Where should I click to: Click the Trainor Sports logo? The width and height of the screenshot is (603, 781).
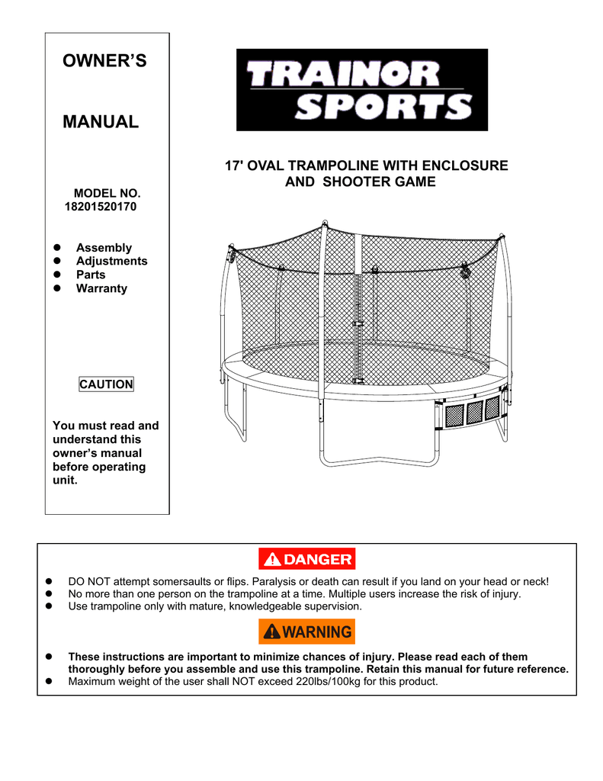(362, 90)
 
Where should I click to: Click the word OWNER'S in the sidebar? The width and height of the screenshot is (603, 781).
(104, 61)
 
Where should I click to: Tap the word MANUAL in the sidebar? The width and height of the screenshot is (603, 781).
(101, 122)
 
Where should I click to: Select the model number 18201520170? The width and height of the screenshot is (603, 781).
(101, 207)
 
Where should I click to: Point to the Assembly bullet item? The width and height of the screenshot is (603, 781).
(104, 248)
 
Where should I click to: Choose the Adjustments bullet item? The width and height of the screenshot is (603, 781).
(111, 261)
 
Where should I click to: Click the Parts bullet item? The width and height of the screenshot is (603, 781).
(91, 275)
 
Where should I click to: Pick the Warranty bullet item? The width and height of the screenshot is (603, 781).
(101, 288)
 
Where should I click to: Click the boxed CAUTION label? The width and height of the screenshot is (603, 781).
(106, 384)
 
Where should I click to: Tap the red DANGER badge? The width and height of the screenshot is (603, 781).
(306, 559)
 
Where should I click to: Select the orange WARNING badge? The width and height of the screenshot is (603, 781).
(306, 632)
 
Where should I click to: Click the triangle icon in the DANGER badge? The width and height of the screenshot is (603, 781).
(272, 560)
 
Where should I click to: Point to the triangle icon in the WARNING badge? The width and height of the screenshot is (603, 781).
(272, 632)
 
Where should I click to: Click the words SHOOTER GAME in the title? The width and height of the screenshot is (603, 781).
(379, 182)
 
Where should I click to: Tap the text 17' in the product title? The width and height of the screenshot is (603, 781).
(233, 166)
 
